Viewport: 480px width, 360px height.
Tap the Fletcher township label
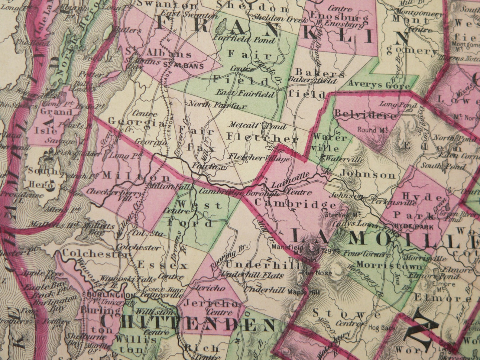click(x=262, y=138)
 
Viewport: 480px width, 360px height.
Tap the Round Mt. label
click(x=371, y=130)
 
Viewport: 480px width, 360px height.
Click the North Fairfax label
click(x=217, y=105)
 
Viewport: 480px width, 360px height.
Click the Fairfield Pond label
click(x=244, y=39)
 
